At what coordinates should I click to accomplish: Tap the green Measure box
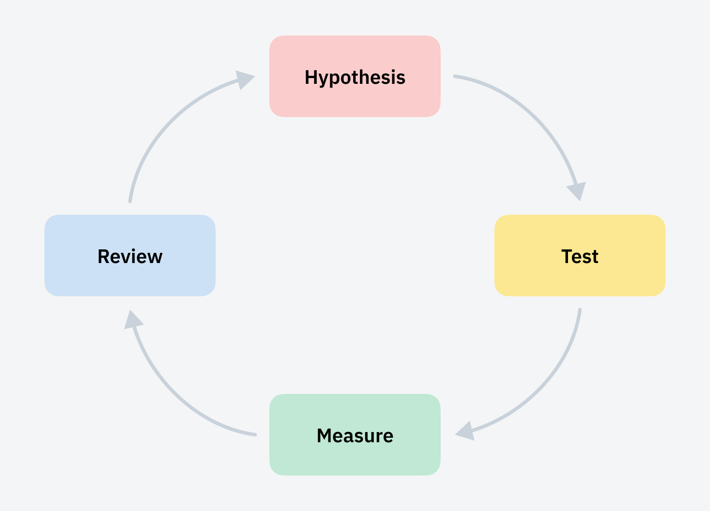pos(355,459)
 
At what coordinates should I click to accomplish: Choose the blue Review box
pos(130,279)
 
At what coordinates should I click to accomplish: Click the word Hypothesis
pos(355,78)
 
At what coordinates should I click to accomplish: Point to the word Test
pos(580,257)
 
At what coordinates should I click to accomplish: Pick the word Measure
pos(355,436)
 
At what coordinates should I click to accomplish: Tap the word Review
pos(130,257)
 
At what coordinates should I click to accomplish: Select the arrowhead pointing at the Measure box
pos(466,431)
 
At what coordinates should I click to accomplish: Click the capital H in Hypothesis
pos(311,78)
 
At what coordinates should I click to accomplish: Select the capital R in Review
pos(103,257)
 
